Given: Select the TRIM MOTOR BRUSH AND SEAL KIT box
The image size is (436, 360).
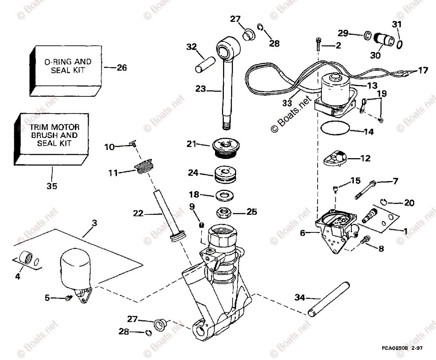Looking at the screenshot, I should tap(54, 135).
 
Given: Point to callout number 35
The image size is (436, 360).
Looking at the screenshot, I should tap(52, 186).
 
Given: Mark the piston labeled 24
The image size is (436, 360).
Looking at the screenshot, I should tap(225, 174).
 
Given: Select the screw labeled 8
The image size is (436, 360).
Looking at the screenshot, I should tap(366, 239).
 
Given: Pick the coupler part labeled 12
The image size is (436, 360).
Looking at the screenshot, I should tap(335, 159).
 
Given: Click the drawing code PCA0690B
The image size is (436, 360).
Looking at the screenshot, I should tap(395, 348).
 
